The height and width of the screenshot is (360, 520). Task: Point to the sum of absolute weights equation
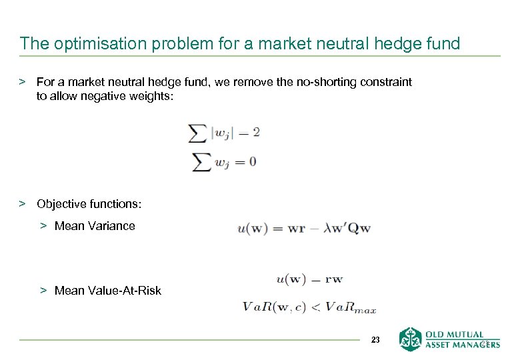pos(225,133)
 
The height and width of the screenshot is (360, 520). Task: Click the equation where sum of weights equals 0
pos(223,161)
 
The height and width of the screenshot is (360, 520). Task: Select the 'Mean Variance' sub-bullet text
pos(95,226)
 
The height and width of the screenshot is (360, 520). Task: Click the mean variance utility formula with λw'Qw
pos(304,228)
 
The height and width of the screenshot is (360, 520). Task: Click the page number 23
pos(375,340)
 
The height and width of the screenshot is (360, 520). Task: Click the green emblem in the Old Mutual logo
pos(410,339)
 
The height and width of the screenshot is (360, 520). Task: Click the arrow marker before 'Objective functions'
pos(22,203)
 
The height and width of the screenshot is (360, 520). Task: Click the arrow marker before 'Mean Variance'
pos(43,226)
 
